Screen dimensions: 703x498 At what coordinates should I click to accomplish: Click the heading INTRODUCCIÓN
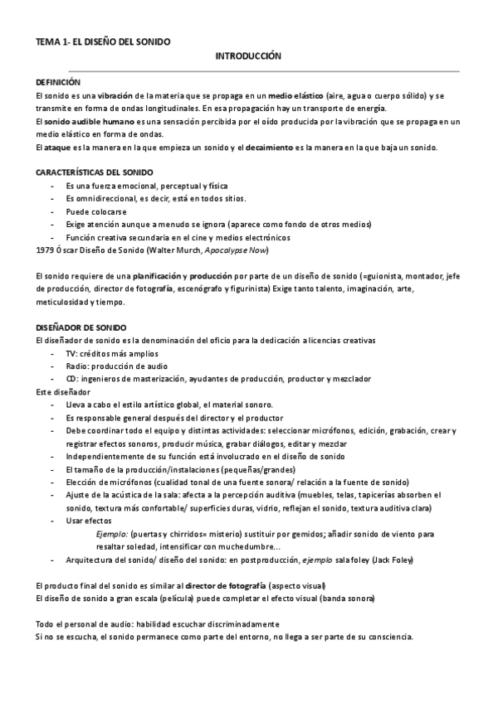point(248,56)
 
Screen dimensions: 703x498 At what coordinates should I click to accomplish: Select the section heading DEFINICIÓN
point(59,83)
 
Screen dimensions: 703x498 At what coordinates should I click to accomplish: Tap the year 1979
point(47,250)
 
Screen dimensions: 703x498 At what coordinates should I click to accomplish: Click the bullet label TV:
point(72,353)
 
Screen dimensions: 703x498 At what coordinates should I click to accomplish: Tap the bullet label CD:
point(72,379)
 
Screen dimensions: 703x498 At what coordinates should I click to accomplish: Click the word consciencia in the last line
point(388,638)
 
